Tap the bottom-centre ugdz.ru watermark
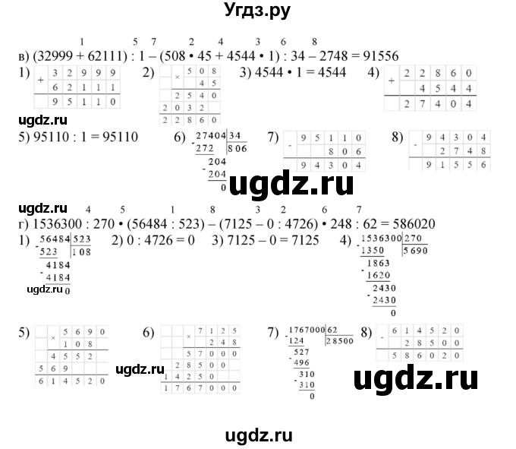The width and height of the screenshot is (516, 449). point(258,435)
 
